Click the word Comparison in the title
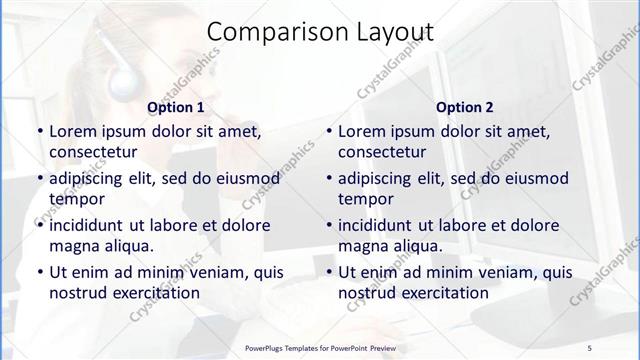pyautogui.click(x=267, y=32)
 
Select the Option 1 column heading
pyautogui.click(x=176, y=107)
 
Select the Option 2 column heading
pyautogui.click(x=465, y=107)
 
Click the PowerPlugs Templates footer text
pyautogui.click(x=320, y=347)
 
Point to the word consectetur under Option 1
pyautogui.click(x=93, y=152)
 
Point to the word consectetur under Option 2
pyautogui.click(x=382, y=152)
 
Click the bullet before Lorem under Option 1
pyautogui.click(x=39, y=131)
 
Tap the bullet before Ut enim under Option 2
pyautogui.click(x=328, y=272)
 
